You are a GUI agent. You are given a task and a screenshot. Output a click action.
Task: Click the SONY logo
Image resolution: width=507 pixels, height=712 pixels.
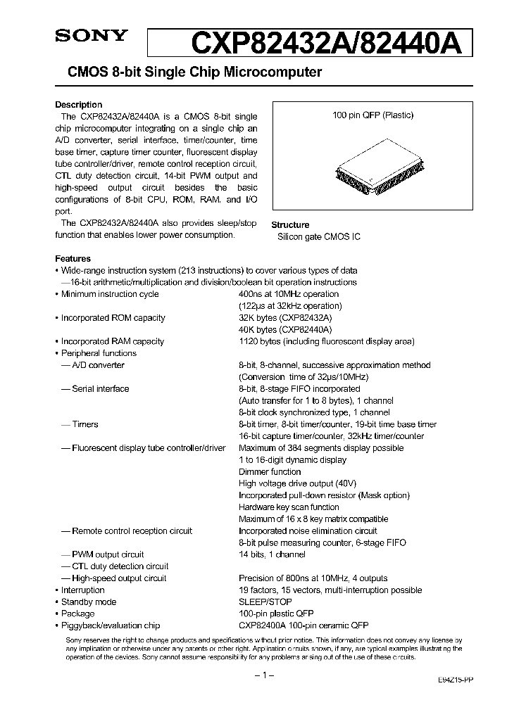(x=92, y=35)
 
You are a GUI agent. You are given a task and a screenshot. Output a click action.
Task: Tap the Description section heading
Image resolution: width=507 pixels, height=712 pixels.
(x=78, y=105)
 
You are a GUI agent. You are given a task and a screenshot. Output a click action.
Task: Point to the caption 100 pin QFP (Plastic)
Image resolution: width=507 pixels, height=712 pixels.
(x=373, y=115)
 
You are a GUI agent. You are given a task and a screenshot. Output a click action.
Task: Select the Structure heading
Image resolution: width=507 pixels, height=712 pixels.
(x=290, y=225)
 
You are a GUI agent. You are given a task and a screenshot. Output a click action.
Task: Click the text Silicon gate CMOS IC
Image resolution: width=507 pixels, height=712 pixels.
(x=319, y=237)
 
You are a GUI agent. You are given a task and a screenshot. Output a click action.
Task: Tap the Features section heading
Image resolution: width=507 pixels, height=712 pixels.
(x=73, y=259)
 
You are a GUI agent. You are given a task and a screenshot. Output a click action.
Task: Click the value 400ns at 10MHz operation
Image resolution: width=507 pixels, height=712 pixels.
(x=289, y=294)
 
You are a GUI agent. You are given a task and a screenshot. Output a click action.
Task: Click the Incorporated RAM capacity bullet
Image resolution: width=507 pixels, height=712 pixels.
(x=112, y=341)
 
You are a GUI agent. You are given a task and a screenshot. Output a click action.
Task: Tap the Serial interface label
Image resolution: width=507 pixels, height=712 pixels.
(x=100, y=389)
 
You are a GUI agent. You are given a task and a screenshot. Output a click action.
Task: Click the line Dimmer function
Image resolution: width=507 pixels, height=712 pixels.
(x=270, y=472)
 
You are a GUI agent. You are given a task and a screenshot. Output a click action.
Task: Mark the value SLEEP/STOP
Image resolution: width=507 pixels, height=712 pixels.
(x=265, y=602)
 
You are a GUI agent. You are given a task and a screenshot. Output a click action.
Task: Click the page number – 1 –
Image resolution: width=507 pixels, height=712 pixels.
(x=262, y=675)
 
